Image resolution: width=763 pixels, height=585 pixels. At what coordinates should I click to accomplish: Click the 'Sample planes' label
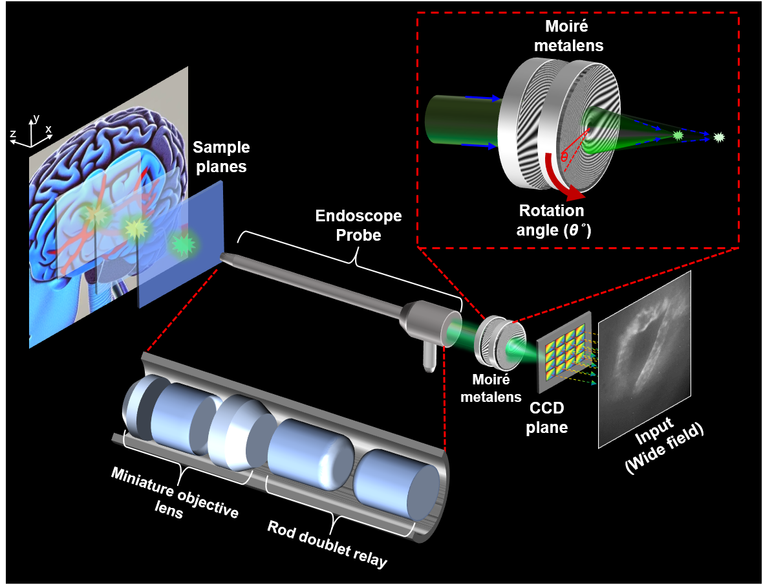click(221, 157)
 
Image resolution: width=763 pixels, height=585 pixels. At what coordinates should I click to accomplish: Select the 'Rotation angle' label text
click(551, 220)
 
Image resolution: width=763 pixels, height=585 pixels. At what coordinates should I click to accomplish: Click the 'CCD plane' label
click(548, 418)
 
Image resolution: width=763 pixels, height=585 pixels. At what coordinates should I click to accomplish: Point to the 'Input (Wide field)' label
click(663, 447)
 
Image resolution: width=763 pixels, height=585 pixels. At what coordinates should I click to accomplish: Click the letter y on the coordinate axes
click(37, 118)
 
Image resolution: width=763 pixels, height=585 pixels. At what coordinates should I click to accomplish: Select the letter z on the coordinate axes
click(13, 134)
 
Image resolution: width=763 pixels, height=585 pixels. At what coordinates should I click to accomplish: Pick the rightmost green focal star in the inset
click(718, 137)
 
